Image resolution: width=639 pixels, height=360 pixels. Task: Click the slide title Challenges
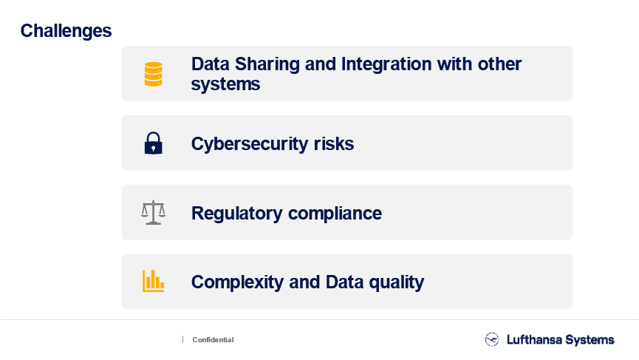point(66,31)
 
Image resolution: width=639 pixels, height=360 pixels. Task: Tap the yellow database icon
point(153,74)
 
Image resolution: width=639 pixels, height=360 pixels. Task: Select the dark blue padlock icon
point(153,143)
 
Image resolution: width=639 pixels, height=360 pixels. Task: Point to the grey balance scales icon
point(153,212)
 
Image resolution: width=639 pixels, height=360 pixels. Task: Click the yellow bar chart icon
point(153,281)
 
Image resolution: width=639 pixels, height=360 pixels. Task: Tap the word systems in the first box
point(225,85)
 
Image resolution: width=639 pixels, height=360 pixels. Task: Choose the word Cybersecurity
point(250,144)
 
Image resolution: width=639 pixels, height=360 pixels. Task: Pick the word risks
point(334,143)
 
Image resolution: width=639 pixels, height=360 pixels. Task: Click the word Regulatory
point(237,214)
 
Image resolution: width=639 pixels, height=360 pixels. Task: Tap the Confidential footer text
point(213,339)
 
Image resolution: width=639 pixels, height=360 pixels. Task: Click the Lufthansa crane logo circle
point(492,339)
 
